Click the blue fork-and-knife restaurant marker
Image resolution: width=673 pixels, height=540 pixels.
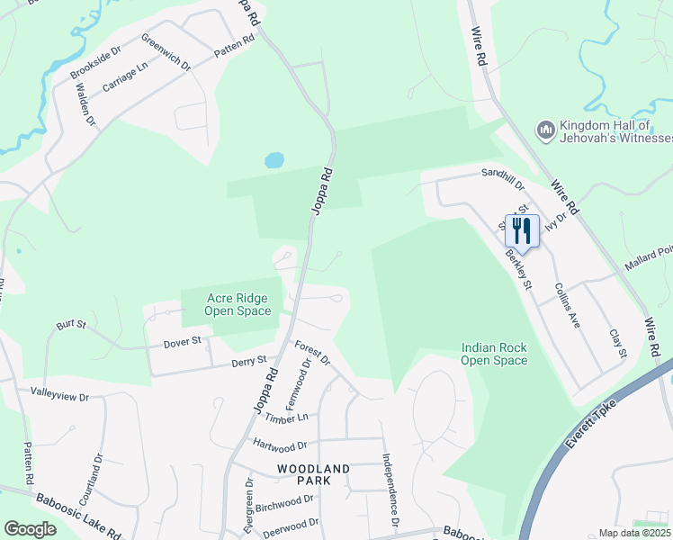[x=522, y=231]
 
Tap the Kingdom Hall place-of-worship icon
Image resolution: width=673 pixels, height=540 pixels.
[x=545, y=130]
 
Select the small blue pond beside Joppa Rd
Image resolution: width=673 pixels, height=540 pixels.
[x=274, y=161]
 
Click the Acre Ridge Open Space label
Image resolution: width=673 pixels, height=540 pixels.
[x=238, y=304]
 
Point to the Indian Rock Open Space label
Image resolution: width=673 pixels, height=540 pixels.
[x=494, y=354]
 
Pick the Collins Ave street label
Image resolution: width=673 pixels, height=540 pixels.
[x=568, y=305]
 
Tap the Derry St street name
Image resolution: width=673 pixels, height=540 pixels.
[x=249, y=361]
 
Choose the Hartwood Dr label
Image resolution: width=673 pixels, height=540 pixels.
[x=280, y=445]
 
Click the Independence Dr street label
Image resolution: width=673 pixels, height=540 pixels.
[x=390, y=489]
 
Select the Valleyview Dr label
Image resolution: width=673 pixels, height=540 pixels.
[x=60, y=395]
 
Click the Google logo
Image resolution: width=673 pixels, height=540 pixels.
[x=30, y=529]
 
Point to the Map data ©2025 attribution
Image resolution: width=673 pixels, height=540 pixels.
[x=634, y=533]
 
